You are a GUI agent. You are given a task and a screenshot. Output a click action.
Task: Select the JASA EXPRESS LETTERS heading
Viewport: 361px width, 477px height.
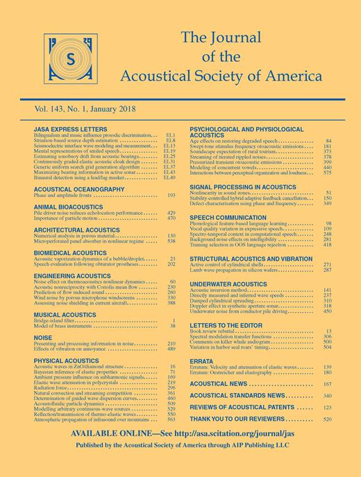66,130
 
